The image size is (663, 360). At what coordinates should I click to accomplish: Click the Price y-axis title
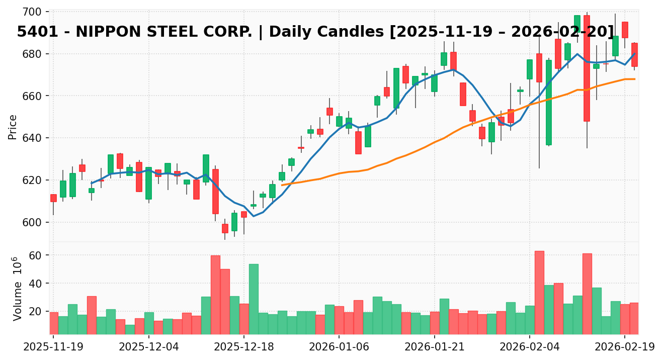pos(13,127)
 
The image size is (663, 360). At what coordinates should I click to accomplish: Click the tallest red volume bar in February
pos(539,292)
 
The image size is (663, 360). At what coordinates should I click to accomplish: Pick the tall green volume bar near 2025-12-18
pos(254,299)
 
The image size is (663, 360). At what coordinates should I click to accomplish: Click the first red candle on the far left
pos(53,198)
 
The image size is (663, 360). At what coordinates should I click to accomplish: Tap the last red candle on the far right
pos(634,55)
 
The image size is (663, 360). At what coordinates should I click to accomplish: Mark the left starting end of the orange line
pos(282,185)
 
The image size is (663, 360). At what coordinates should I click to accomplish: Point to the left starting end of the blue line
pos(92,184)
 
